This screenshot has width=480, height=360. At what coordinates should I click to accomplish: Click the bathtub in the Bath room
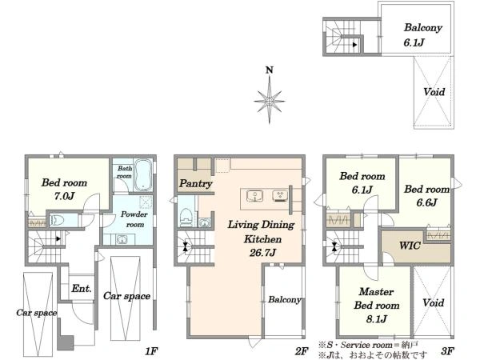tap(143, 174)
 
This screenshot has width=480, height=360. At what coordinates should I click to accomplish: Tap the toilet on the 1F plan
tap(58, 220)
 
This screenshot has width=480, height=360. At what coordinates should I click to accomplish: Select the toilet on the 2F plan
tap(186, 218)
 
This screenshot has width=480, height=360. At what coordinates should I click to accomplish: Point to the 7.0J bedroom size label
tap(64, 196)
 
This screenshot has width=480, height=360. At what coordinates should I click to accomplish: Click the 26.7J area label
tap(262, 253)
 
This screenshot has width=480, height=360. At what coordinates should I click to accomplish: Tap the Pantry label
tap(196, 183)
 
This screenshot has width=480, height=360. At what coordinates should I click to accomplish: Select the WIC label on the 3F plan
tap(410, 246)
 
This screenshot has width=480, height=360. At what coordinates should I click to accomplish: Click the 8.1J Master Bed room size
tap(377, 319)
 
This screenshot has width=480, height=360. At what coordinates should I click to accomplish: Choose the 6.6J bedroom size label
tap(426, 202)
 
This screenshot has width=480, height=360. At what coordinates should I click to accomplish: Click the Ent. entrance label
tap(82, 288)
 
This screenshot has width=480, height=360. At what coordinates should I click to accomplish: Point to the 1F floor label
tap(151, 351)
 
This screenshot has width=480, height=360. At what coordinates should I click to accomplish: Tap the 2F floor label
tap(302, 351)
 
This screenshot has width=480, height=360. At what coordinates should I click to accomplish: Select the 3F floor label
tap(447, 351)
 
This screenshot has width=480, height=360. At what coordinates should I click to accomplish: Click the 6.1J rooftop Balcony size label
tap(414, 42)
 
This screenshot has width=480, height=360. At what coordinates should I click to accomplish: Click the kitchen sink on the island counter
tap(254, 196)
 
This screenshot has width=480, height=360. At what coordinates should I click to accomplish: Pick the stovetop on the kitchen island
tap(280, 196)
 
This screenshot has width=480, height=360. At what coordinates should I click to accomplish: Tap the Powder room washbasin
tap(122, 239)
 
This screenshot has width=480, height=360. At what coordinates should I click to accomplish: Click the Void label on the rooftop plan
tap(434, 91)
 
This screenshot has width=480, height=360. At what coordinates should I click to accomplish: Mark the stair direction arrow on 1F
tap(58, 238)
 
